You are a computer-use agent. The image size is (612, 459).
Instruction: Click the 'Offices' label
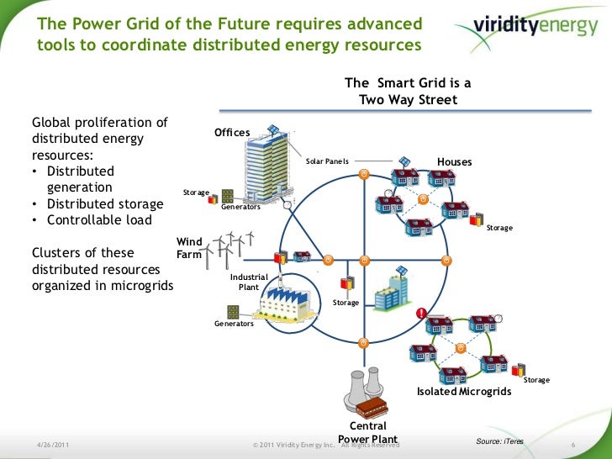[232, 133]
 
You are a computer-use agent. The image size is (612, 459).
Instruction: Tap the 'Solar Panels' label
[327, 160]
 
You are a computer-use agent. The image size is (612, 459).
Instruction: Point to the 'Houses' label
[454, 161]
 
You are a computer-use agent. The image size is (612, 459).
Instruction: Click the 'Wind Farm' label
[188, 247]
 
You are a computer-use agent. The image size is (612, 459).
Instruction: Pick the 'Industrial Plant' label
[249, 282]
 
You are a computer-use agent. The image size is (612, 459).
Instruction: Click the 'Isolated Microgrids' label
[463, 392]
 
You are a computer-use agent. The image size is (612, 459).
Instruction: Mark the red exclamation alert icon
[420, 314]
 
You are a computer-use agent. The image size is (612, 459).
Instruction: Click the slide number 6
[572, 443]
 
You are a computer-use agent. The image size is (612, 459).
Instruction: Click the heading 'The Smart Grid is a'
[408, 83]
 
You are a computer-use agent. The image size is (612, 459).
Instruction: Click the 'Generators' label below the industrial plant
[234, 323]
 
